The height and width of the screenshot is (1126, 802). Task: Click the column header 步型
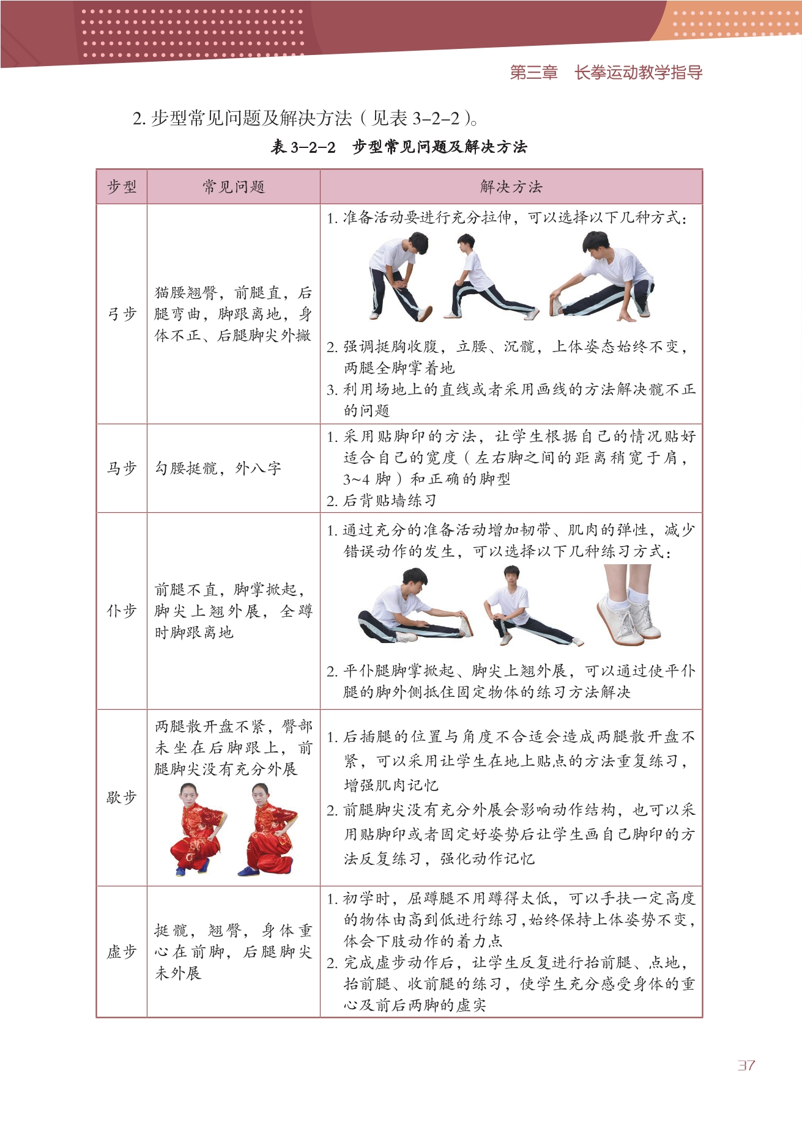point(122,186)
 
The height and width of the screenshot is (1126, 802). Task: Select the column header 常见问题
point(234,186)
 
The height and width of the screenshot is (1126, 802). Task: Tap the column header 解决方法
point(511,186)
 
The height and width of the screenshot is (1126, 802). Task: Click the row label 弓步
point(122,314)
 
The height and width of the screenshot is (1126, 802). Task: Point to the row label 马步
point(122,468)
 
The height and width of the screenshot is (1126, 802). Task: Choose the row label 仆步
point(122,611)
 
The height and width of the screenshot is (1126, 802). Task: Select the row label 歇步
point(122,797)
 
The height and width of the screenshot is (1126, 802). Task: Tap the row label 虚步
point(122,952)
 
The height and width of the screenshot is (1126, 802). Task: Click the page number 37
point(746,1065)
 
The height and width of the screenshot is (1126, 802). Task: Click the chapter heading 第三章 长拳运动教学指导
point(606,73)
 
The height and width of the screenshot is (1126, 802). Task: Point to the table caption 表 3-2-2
point(303,147)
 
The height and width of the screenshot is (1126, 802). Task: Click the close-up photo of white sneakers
point(628,605)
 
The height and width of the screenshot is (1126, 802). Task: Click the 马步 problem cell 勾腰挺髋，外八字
point(218,468)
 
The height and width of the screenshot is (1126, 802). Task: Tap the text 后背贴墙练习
point(382,501)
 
